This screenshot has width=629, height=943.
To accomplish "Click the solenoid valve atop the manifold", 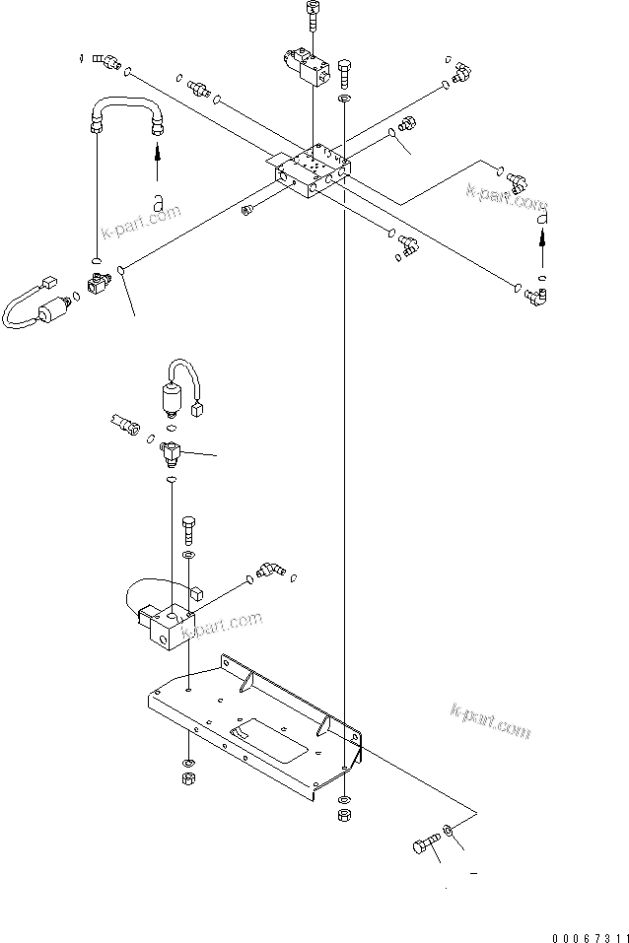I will [307, 68].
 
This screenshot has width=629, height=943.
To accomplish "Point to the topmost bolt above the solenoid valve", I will [314, 16].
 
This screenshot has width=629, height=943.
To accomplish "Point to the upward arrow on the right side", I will [540, 248].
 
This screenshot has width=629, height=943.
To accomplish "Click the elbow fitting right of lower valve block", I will [267, 571].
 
